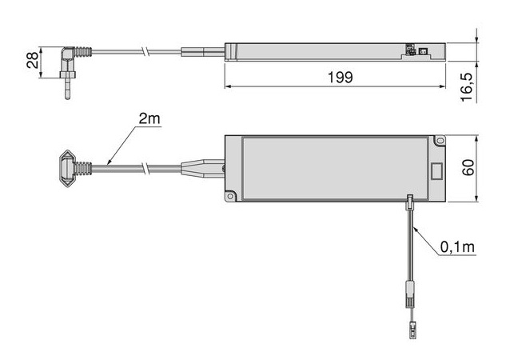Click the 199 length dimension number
point(340,78)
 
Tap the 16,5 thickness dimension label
point(467,87)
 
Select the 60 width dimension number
point(468,167)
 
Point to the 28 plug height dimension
point(32,60)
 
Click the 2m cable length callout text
point(149,119)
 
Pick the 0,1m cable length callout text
point(457,247)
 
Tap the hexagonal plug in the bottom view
point(67,169)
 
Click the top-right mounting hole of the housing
point(440,141)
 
